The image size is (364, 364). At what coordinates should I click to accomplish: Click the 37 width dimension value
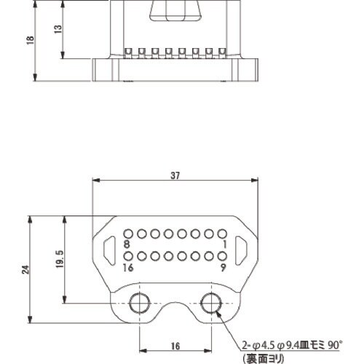click(175, 175)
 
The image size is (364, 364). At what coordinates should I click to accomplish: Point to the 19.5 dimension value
click(60, 258)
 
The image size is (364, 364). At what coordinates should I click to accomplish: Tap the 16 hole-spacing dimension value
click(175, 347)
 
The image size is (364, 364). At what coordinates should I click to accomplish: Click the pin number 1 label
click(226, 245)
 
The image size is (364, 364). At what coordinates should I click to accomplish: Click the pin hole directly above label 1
click(221, 234)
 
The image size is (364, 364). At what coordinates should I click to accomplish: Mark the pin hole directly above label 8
click(128, 234)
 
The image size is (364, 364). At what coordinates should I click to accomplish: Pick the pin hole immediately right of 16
click(128, 256)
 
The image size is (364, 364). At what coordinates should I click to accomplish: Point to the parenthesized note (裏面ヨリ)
click(263, 357)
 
